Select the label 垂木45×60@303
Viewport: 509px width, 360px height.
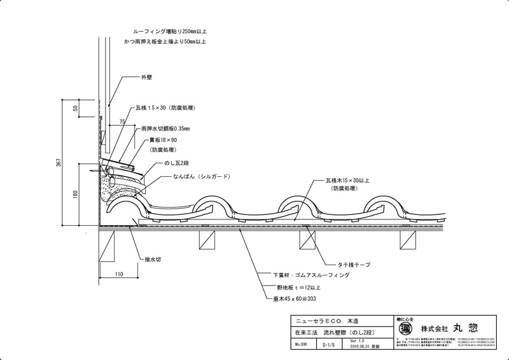[x=296, y=297]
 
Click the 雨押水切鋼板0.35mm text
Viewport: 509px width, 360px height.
[x=169, y=128]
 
